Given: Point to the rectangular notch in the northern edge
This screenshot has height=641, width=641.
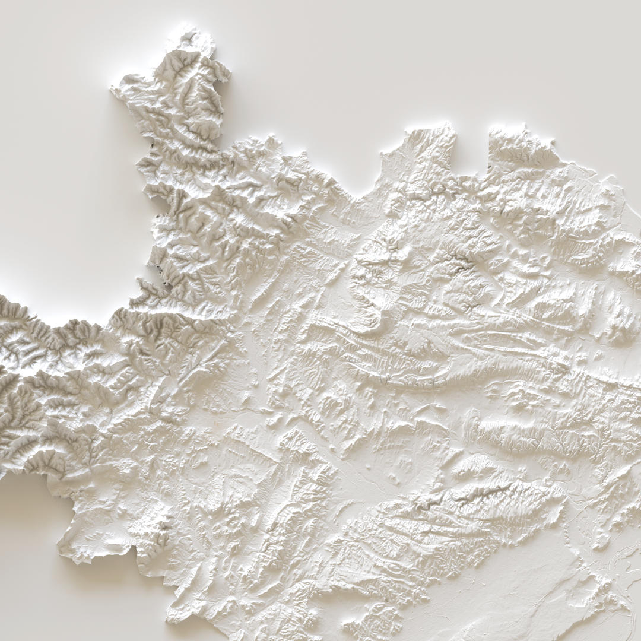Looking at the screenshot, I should tap(472, 148).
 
